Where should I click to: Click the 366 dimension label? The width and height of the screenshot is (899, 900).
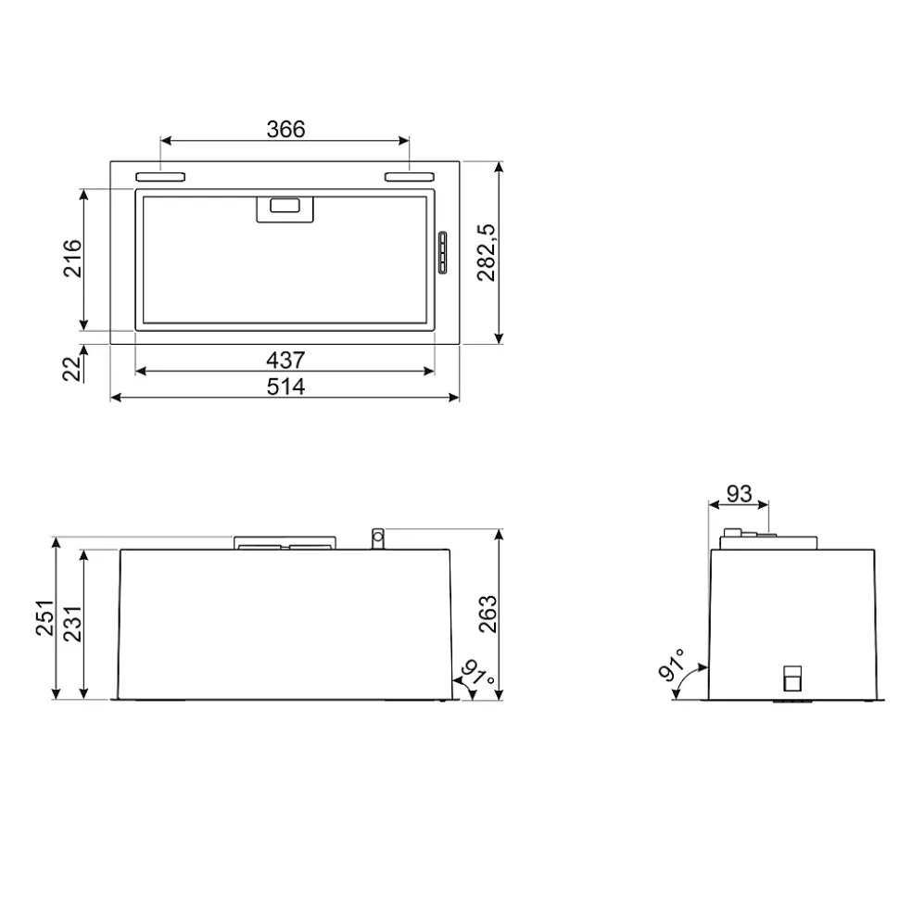[x=285, y=129]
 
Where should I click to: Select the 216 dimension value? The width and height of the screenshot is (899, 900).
[x=72, y=259]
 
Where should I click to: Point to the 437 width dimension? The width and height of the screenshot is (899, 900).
[x=285, y=360]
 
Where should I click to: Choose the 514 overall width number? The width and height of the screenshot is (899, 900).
[x=285, y=387]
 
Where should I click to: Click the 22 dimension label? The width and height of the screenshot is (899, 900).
[x=72, y=369]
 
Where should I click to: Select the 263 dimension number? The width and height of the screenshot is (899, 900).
[x=487, y=614]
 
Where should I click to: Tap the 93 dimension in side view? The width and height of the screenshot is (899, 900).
[x=739, y=494]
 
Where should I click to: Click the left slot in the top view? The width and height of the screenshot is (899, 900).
[x=160, y=176]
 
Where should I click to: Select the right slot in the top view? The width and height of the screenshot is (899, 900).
[x=409, y=176]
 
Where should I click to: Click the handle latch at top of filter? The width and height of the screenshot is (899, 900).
[x=285, y=209]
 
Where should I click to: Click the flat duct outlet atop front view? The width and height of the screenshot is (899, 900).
[x=285, y=543]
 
